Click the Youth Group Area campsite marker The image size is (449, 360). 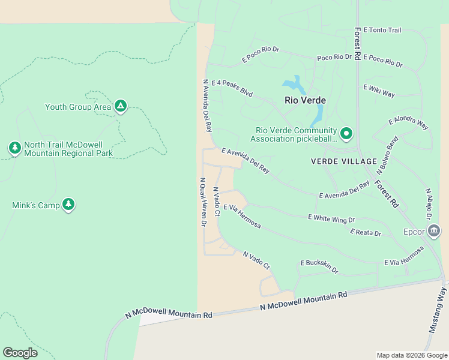pos(121,107)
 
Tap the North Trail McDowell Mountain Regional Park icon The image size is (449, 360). pos(15,148)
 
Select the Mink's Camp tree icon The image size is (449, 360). pos(68,205)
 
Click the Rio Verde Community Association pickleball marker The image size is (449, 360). pos(346,133)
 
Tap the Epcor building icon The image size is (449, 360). pos(434,231)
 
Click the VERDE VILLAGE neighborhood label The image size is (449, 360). pos(344,161)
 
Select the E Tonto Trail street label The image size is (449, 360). pos(382,30)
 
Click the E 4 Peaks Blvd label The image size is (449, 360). pos(232,89)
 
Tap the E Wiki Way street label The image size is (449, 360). pos(379,91)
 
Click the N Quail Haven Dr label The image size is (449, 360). pos(203,202)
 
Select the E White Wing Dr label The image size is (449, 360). pos(331,218)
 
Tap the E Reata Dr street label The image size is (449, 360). pos(366,232)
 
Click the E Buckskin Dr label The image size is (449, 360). pos(319,266)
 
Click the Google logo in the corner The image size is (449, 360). pos(20,353)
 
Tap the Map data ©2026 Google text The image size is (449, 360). pos(411,355)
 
